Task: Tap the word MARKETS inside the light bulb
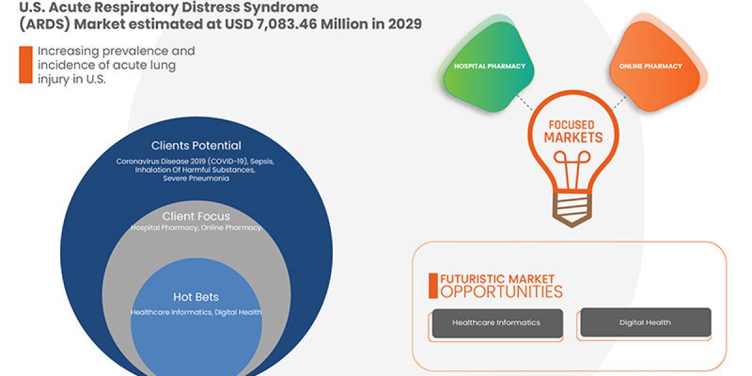pos(573,137)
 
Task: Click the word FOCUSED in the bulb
pos(572,125)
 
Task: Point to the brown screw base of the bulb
pos(572,209)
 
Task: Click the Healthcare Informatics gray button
pos(497,323)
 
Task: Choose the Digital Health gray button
pos(645,322)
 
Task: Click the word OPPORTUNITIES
pos(501,291)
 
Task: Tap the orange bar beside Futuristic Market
pos(433,286)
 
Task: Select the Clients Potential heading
pos(196,145)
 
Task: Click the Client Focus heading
pos(196,216)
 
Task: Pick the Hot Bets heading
pos(196,297)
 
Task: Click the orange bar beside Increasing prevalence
pos(26,65)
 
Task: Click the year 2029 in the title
pos(405,24)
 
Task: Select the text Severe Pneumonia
pos(196,178)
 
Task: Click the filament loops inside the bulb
pos(572,157)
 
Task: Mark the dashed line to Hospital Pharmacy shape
pos(524,102)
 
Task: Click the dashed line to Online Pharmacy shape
pos(620,103)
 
